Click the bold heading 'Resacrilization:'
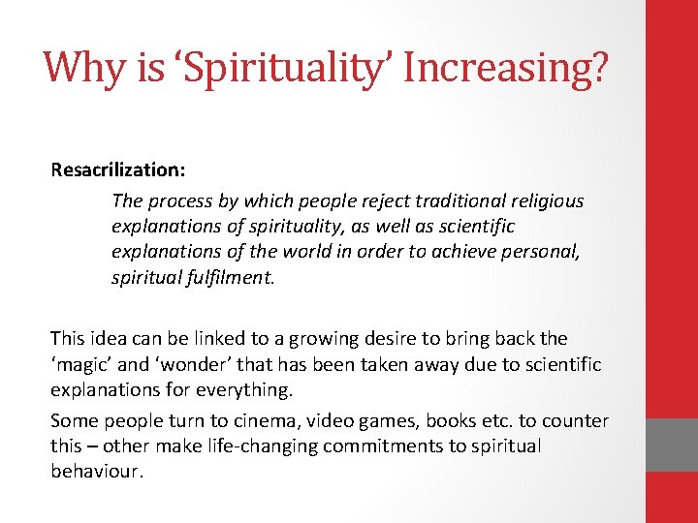(118, 169)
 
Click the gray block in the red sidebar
(672, 445)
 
